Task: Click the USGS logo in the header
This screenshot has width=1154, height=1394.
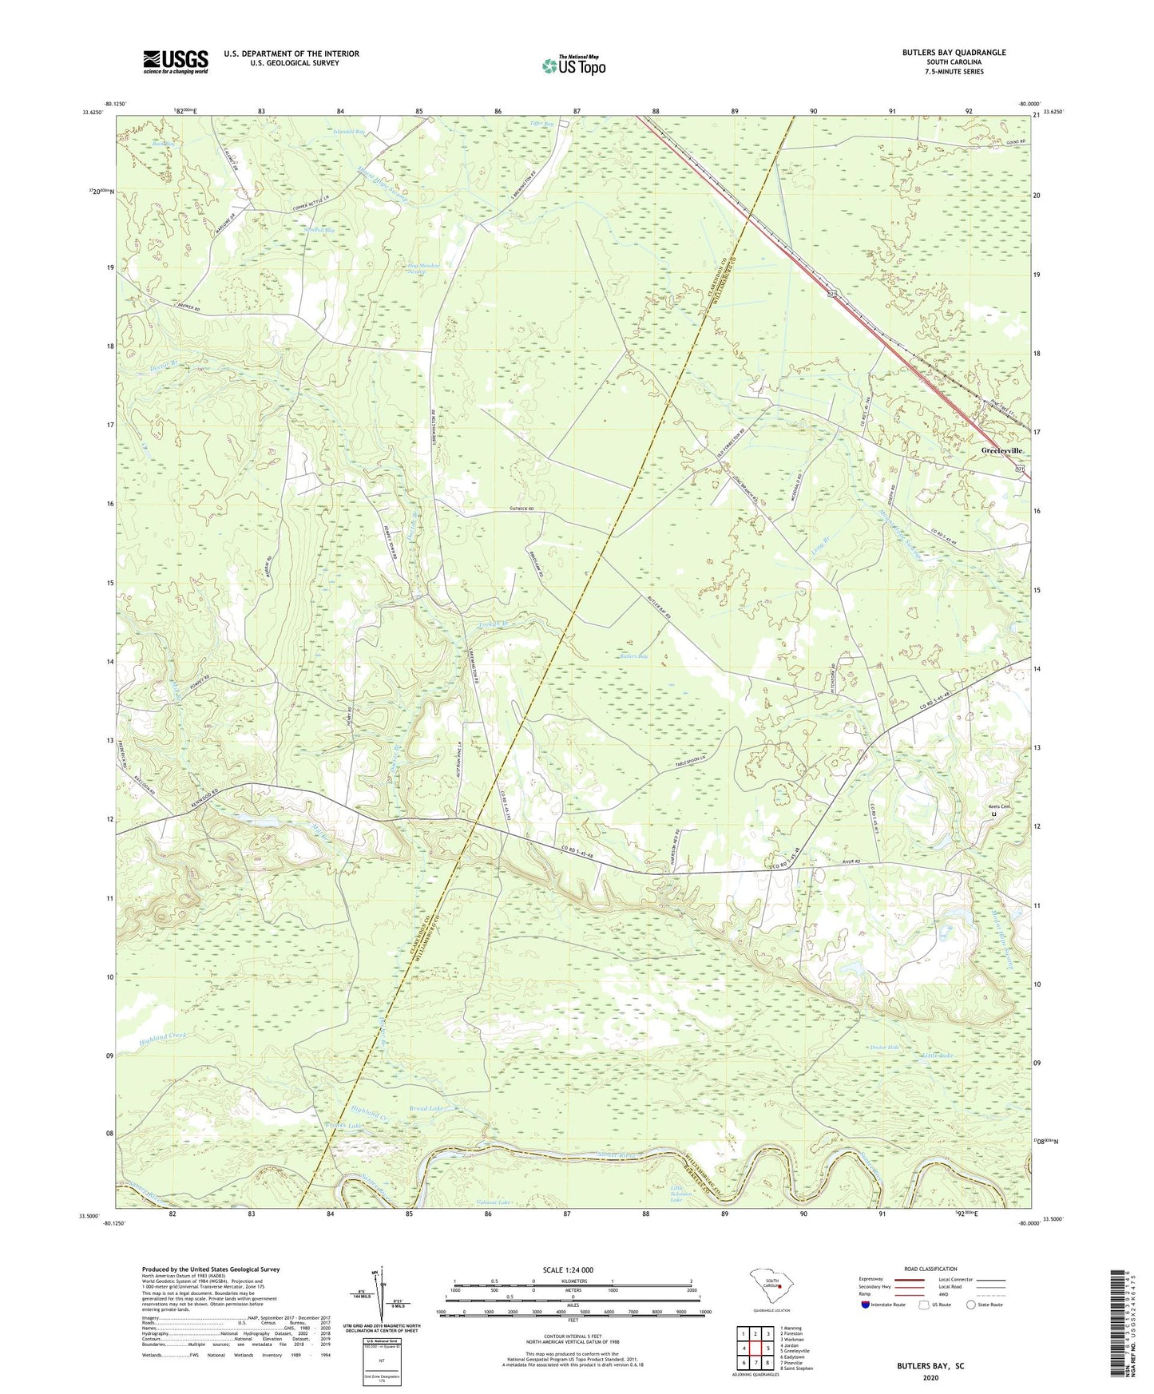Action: (176, 61)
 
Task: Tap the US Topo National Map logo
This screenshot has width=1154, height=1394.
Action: (573, 65)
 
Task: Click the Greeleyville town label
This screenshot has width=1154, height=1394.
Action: (1002, 450)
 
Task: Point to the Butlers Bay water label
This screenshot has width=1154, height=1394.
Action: (633, 656)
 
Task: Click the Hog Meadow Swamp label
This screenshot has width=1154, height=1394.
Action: (423, 268)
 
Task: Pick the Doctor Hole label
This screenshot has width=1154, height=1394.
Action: (884, 1047)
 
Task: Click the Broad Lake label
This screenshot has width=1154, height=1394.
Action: (426, 1109)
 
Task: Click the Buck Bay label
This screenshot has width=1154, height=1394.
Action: (164, 143)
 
